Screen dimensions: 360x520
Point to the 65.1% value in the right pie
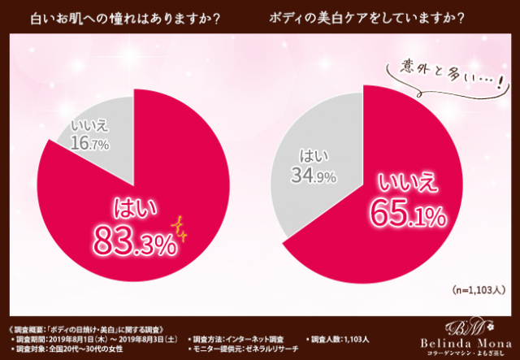click(408, 214)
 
